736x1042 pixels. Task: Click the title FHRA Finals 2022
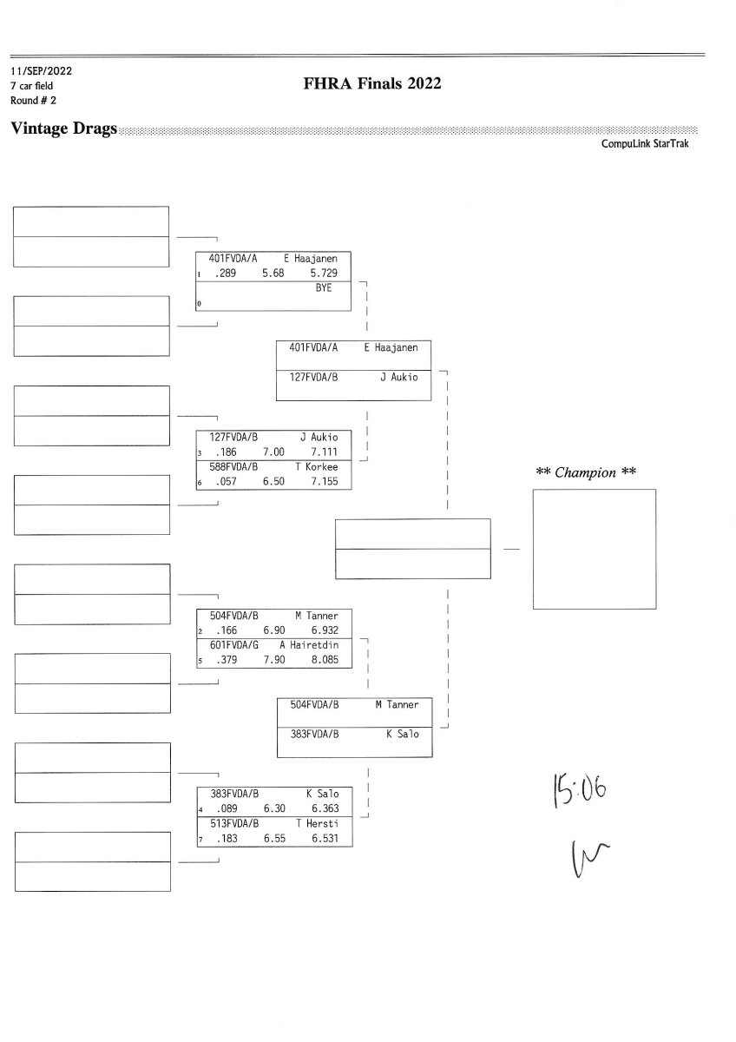tap(372, 83)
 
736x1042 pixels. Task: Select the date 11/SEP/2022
tap(42, 71)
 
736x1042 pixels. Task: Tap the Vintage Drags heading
tap(63, 129)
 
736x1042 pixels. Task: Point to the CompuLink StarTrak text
tap(644, 144)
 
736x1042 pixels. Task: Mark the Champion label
tap(586, 472)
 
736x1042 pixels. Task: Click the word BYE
tap(324, 288)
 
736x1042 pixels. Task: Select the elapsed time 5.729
tap(324, 273)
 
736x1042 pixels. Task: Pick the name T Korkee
tap(316, 466)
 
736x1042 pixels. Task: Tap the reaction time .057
tap(226, 481)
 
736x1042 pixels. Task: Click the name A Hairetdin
tap(309, 644)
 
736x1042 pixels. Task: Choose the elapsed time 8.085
tap(325, 660)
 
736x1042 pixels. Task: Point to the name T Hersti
tap(318, 823)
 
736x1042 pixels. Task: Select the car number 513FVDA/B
tap(234, 823)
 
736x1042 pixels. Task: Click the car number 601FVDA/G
tap(233, 644)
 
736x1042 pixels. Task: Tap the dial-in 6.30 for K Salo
tap(274, 808)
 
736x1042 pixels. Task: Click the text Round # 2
tap(33, 101)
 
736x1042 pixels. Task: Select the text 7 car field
tap(31, 86)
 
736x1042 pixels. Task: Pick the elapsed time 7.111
tap(324, 452)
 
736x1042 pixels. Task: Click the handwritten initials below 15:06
tap(590, 858)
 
